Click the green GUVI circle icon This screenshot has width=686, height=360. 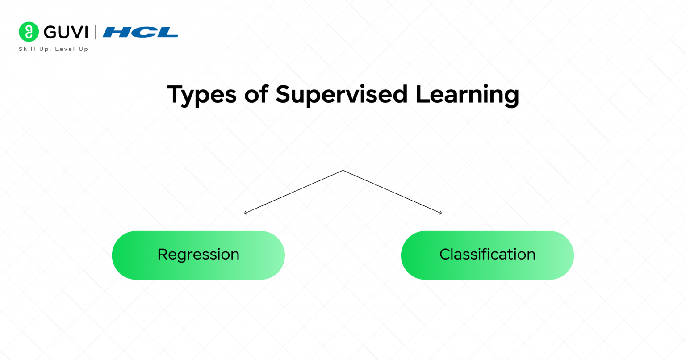tap(29, 32)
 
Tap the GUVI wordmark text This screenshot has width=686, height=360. tap(66, 32)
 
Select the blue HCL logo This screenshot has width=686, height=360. tap(140, 32)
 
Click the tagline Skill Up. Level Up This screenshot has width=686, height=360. tap(54, 49)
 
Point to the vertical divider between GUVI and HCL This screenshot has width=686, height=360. tap(95, 32)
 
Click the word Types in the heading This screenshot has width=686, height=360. tap(201, 95)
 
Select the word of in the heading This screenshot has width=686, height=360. tap(256, 94)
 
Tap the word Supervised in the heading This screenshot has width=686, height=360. tap(342, 94)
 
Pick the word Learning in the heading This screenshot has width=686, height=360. tap(467, 95)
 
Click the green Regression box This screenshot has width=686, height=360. tap(198, 255)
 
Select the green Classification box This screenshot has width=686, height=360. tap(487, 255)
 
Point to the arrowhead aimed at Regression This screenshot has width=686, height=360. tap(246, 213)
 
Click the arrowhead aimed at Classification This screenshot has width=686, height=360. tap(441, 213)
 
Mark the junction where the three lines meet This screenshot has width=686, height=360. tap(343, 170)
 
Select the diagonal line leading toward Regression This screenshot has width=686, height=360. tap(294, 192)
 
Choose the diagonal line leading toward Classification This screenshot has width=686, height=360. tap(392, 192)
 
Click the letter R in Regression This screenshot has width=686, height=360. tap(163, 254)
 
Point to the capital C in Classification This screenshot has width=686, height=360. tap(445, 254)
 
